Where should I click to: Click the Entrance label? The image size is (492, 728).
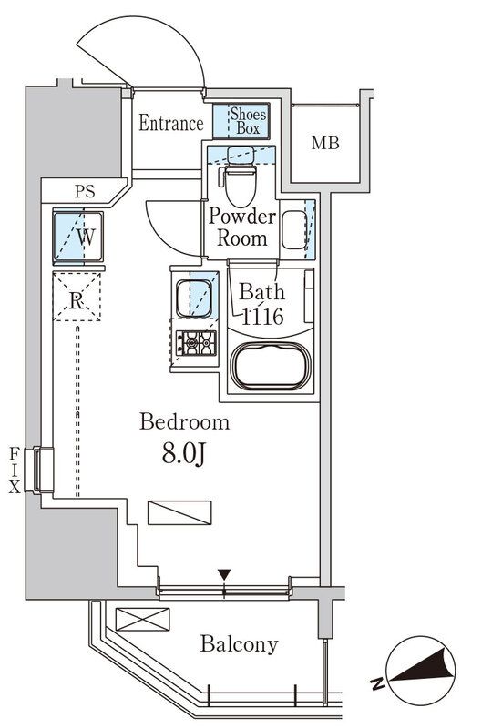(171, 123)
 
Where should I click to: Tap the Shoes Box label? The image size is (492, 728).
(249, 121)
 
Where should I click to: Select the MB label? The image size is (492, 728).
(325, 143)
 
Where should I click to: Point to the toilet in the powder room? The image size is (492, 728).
(240, 177)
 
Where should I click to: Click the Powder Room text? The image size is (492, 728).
(241, 227)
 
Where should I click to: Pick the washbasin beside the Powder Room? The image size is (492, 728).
(294, 230)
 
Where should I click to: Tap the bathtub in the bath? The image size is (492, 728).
(272, 366)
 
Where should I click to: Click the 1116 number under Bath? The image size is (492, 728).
(262, 317)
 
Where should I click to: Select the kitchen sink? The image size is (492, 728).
(193, 298)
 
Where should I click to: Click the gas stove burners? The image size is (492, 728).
(196, 343)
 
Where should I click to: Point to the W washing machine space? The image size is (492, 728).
(78, 238)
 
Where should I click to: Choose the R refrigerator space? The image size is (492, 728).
(77, 298)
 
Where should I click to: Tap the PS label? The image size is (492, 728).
(85, 191)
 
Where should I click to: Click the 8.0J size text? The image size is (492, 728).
(184, 453)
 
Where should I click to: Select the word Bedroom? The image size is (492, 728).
(185, 422)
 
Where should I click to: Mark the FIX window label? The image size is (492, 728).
(15, 470)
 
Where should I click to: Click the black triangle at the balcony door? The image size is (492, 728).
(225, 575)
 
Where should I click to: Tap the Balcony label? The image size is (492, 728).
(240, 644)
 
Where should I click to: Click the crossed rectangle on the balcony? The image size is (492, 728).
(142, 620)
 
